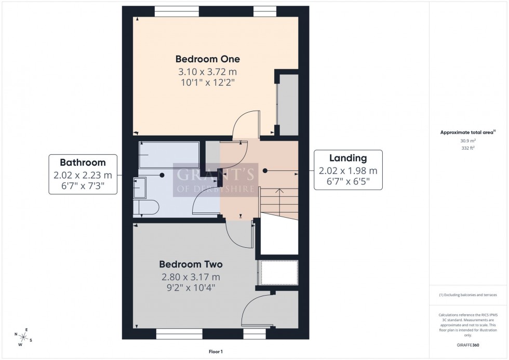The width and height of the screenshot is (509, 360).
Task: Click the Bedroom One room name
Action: click(207, 59)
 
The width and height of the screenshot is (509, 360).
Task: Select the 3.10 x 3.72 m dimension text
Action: click(207, 72)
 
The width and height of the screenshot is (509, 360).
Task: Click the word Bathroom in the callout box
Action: click(83, 162)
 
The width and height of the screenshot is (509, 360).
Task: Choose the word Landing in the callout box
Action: click(348, 158)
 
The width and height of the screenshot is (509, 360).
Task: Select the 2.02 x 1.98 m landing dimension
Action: click(348, 170)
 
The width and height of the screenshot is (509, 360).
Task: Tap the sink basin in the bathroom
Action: click(140, 188)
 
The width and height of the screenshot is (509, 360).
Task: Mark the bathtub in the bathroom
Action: click(168, 154)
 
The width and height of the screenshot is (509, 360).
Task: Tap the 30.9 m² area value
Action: click(468, 141)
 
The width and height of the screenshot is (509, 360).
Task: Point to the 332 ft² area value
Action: click(468, 148)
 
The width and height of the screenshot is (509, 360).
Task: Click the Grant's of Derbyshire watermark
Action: click(214, 179)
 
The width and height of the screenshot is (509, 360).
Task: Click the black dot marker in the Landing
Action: click(265, 170)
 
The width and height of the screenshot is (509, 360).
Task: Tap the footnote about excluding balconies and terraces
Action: click(468, 295)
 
